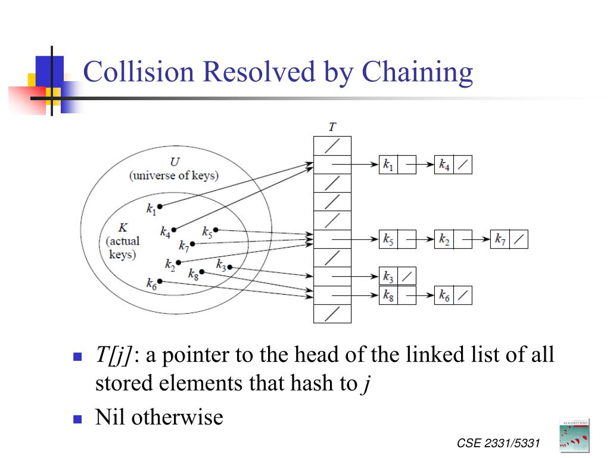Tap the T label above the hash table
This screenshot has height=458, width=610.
point(332,127)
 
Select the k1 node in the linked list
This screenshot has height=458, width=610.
point(388,165)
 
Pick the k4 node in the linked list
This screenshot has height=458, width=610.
point(444,165)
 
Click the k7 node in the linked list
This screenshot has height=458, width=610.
point(500,239)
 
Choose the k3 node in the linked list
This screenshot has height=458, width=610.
point(388,277)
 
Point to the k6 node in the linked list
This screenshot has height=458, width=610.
point(444,295)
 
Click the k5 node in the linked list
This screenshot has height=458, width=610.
point(388,239)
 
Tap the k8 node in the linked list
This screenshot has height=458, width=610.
point(388,295)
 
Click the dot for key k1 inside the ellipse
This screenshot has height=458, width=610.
point(160,206)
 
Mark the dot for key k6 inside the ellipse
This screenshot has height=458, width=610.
point(160,281)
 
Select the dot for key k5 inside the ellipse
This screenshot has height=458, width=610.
point(216,230)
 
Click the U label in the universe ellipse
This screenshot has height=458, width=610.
point(175,162)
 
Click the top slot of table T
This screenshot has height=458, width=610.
point(332,146)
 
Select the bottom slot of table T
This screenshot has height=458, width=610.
point(332,314)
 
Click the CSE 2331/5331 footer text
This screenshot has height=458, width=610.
point(498,443)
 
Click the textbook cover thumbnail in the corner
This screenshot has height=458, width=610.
point(574,435)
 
